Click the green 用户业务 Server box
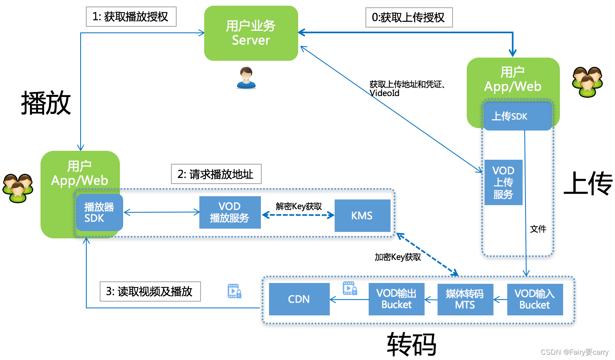(251, 33)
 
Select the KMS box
(362, 216)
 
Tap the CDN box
(299, 299)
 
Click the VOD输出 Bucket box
(396, 299)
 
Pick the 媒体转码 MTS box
(465, 299)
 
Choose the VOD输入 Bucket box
(535, 299)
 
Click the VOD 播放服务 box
(230, 212)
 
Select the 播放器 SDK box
(99, 213)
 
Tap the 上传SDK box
(517, 116)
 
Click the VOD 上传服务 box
(503, 182)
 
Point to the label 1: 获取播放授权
(131, 17)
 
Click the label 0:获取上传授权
(409, 17)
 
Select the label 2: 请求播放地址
(216, 174)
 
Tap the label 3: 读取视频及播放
(150, 291)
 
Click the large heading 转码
(412, 344)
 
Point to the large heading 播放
(46, 103)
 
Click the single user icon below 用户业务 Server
(246, 78)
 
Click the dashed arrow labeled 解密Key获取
(298, 215)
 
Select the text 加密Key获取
(397, 257)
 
